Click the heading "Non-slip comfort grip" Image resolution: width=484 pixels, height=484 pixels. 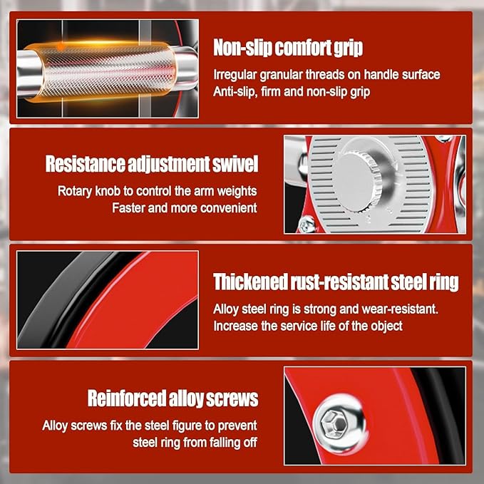tap(288, 48)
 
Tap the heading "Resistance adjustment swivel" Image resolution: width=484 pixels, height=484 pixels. tap(152, 164)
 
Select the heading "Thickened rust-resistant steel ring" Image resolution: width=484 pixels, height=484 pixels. tap(336, 282)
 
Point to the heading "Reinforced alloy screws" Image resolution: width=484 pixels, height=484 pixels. tap(173, 398)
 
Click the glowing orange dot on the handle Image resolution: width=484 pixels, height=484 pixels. tap(61, 46)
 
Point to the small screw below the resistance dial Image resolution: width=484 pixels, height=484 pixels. tap(306, 224)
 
